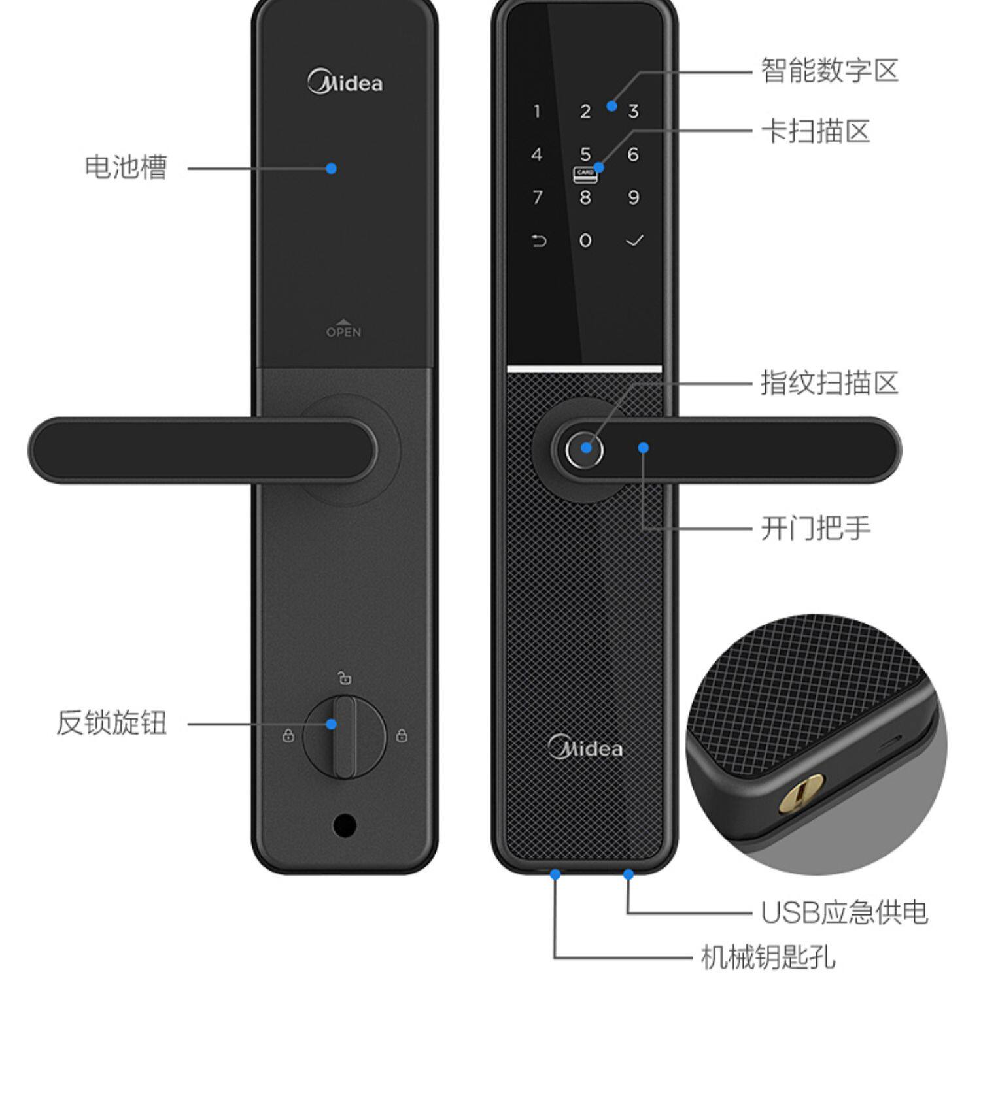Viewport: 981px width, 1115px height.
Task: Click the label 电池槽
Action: click(126, 167)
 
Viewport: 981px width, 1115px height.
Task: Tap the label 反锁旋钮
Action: click(111, 723)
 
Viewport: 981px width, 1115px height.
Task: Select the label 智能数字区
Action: click(829, 70)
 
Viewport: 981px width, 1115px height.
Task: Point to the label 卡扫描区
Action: click(815, 131)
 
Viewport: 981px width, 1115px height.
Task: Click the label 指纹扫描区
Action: click(829, 382)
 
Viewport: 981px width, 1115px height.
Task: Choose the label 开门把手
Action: click(815, 528)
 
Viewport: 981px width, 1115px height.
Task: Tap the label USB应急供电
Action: click(844, 912)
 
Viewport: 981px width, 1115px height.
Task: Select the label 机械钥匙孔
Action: click(768, 958)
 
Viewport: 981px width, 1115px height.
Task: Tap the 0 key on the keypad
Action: click(585, 241)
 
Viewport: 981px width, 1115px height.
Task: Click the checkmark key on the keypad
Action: click(634, 241)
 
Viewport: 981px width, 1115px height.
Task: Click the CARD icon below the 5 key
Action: click(585, 175)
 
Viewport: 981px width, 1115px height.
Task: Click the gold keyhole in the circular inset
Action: click(800, 793)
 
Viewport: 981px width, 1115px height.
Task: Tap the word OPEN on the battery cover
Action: click(343, 331)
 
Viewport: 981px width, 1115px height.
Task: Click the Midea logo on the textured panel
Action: click(585, 748)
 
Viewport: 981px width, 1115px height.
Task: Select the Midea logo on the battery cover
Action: click(345, 83)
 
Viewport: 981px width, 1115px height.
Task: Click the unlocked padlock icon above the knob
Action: click(345, 678)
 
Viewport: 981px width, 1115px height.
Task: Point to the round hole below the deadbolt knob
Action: click(345, 825)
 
